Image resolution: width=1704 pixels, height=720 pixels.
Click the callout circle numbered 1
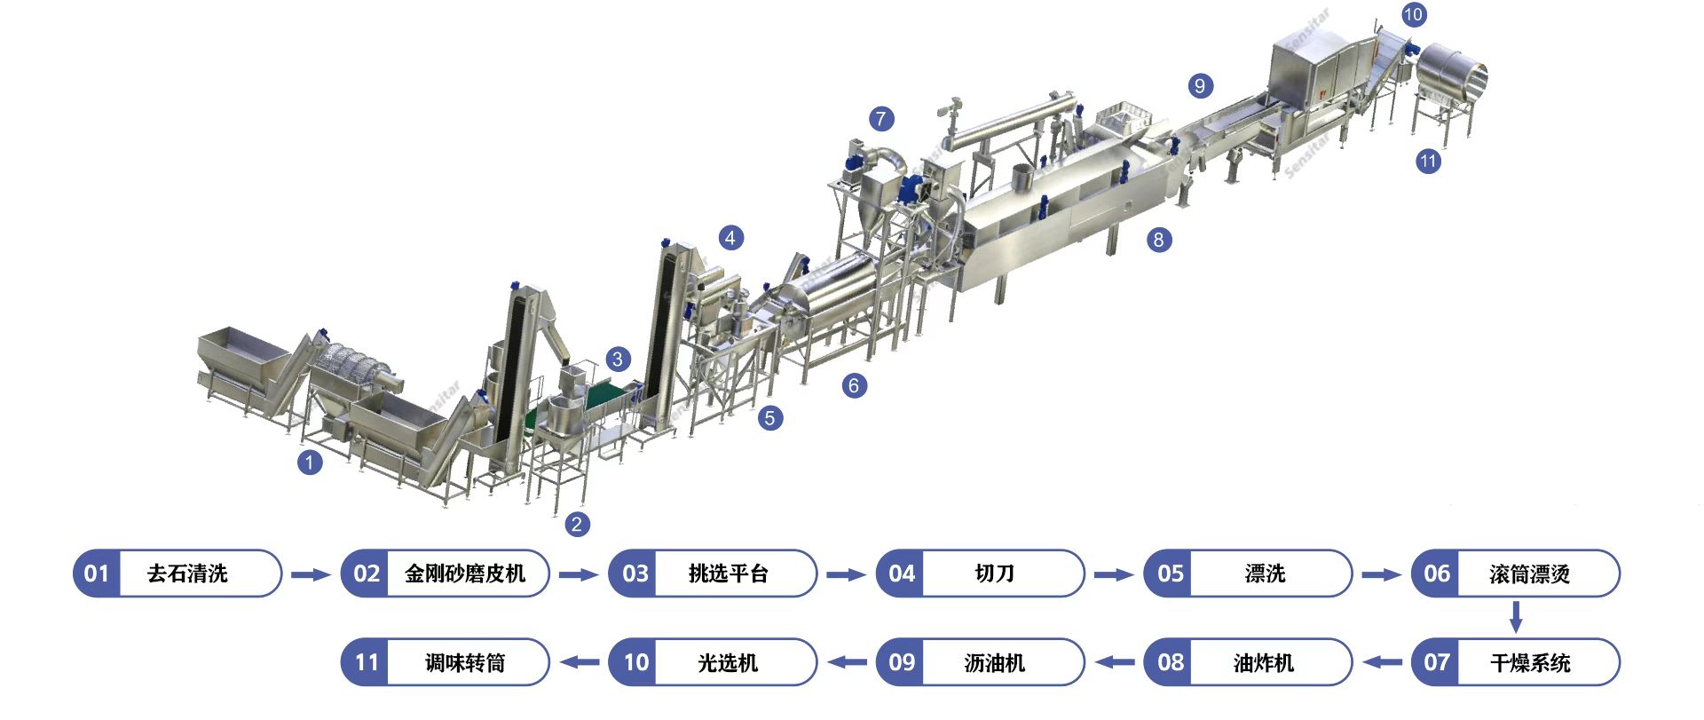click(309, 463)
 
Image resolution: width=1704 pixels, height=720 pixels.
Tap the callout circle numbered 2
click(577, 524)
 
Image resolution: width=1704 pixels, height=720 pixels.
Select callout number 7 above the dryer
click(880, 119)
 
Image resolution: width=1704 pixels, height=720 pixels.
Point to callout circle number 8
click(1157, 240)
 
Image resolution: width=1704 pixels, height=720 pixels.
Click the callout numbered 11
click(1428, 162)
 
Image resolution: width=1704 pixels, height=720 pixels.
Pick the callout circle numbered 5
click(769, 418)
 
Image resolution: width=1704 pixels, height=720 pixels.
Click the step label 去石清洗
click(187, 574)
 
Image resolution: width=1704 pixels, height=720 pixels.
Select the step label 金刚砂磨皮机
click(465, 574)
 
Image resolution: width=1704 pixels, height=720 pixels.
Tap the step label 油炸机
click(1264, 662)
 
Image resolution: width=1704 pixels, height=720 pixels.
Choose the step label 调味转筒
click(465, 662)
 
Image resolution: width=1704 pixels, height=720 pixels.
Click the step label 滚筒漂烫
click(1530, 574)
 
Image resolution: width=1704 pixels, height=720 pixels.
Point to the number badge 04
click(901, 574)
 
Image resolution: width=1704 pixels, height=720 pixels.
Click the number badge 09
click(901, 662)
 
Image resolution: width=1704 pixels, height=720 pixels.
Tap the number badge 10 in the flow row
click(635, 662)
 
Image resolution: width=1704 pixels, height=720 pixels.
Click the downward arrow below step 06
click(1516, 617)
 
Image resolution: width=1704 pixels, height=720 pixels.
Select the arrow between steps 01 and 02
click(311, 574)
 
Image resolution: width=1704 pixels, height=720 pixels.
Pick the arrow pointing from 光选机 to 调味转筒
click(580, 662)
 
